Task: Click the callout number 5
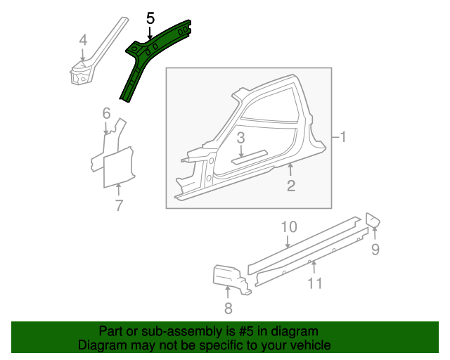150,18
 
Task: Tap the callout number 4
83,40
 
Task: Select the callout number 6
106,113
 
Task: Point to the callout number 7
119,205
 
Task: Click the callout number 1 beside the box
343,137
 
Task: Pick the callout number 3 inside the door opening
240,138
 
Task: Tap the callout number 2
291,186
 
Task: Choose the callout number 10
289,227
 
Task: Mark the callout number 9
375,249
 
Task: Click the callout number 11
315,283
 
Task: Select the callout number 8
228,309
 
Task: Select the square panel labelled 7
118,168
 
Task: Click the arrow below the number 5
150,33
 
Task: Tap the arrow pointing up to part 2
290,169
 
